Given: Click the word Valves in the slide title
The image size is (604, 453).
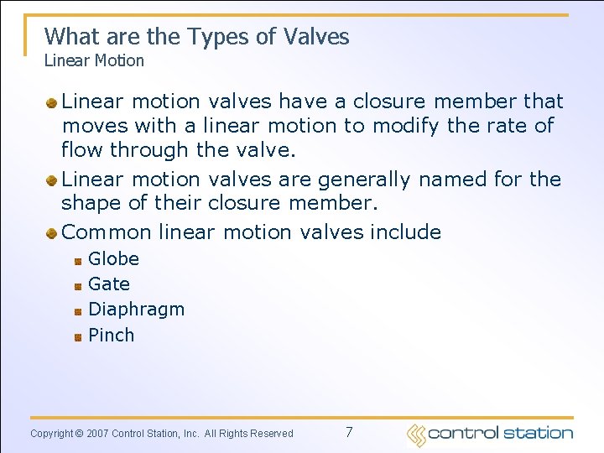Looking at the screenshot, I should [x=316, y=36].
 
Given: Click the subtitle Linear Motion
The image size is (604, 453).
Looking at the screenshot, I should [x=94, y=60].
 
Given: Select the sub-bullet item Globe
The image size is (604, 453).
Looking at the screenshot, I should [x=113, y=259].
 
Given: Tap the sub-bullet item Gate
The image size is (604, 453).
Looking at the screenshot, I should [x=109, y=284].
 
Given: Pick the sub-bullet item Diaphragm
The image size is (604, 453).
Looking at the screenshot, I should [x=136, y=310].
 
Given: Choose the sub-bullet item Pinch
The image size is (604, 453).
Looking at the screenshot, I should [x=111, y=336].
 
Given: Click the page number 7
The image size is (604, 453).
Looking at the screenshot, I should [x=349, y=433].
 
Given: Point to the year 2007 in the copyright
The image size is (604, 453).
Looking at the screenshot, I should [x=96, y=434].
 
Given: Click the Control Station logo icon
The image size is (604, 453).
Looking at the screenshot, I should [x=416, y=434].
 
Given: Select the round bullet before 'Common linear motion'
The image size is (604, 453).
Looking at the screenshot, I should [x=52, y=232].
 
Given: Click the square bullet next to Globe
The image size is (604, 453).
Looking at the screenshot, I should [x=77, y=260].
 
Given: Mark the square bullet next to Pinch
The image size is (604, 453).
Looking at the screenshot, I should [x=77, y=336].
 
